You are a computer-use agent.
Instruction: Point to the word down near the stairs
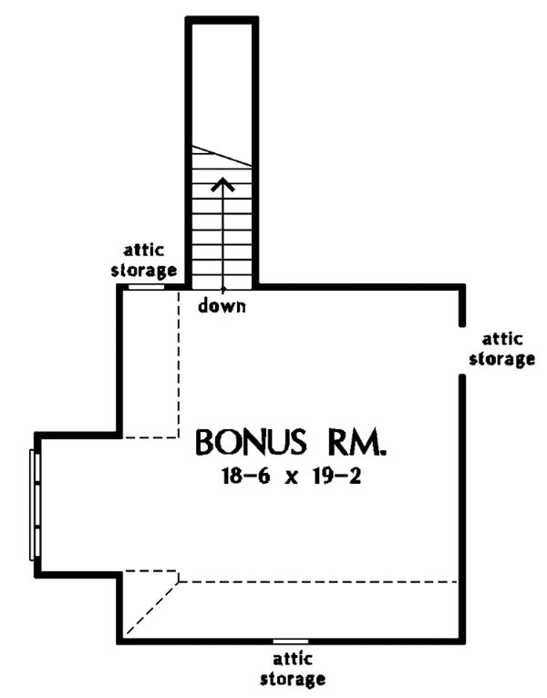tap(222, 306)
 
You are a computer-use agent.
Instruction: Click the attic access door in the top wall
tap(146, 286)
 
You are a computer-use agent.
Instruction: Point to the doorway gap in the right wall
tap(462, 351)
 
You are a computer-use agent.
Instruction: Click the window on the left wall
tap(36, 504)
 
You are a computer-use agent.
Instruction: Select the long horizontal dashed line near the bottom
tap(319, 580)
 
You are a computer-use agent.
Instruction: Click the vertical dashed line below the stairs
tap(179, 364)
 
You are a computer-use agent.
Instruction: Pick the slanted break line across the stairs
tap(222, 155)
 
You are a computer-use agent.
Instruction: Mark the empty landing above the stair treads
tap(222, 82)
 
